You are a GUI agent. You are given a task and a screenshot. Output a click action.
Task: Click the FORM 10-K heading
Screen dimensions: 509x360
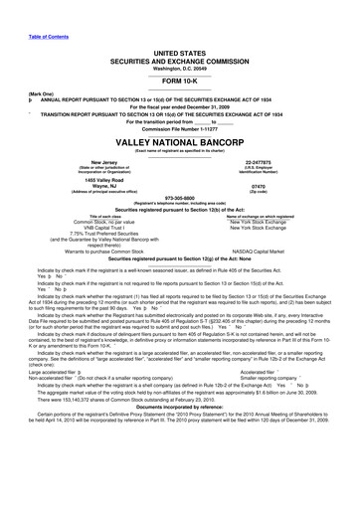(180, 80)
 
